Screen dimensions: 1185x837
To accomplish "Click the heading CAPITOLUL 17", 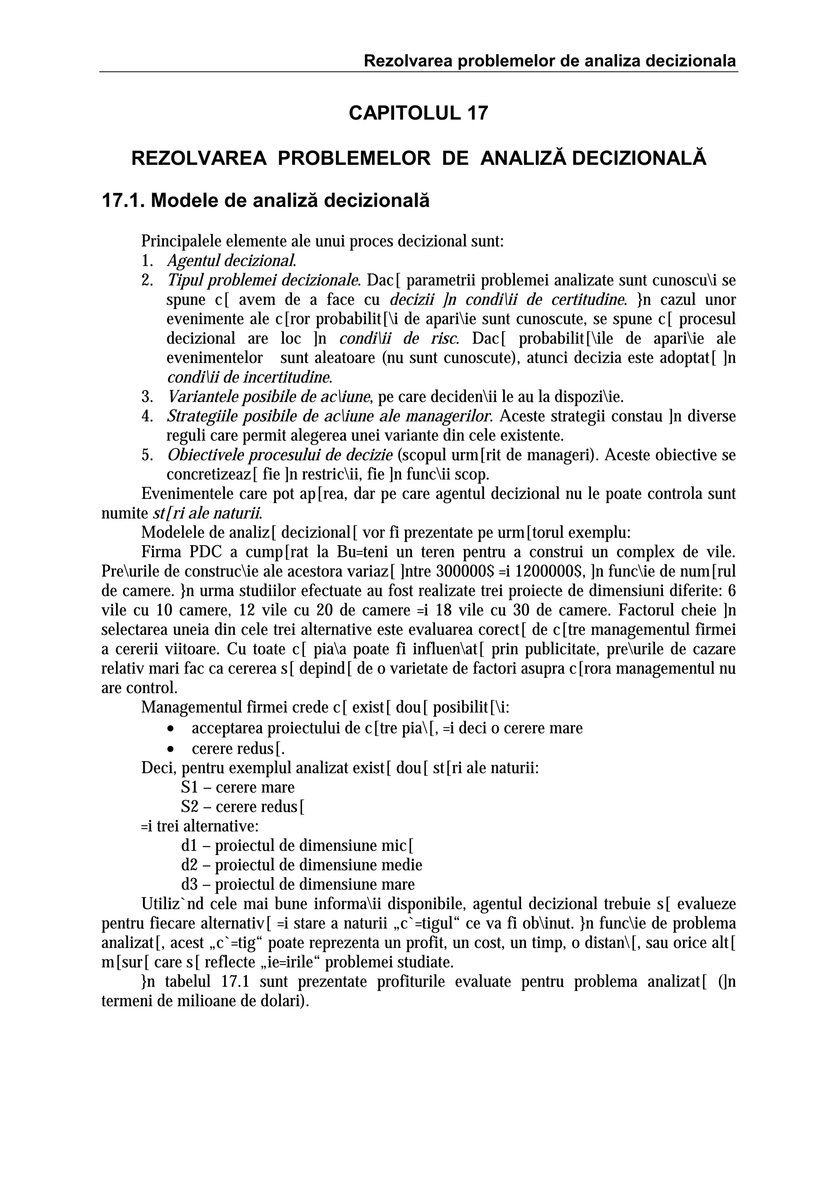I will point(418,113).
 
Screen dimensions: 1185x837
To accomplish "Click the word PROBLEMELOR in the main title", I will point(354,158).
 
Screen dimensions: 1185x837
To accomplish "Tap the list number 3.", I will point(146,397).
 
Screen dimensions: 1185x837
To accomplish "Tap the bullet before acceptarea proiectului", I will point(171,729).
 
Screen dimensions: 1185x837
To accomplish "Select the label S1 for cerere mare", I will point(189,788).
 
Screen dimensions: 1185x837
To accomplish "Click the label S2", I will point(189,807).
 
